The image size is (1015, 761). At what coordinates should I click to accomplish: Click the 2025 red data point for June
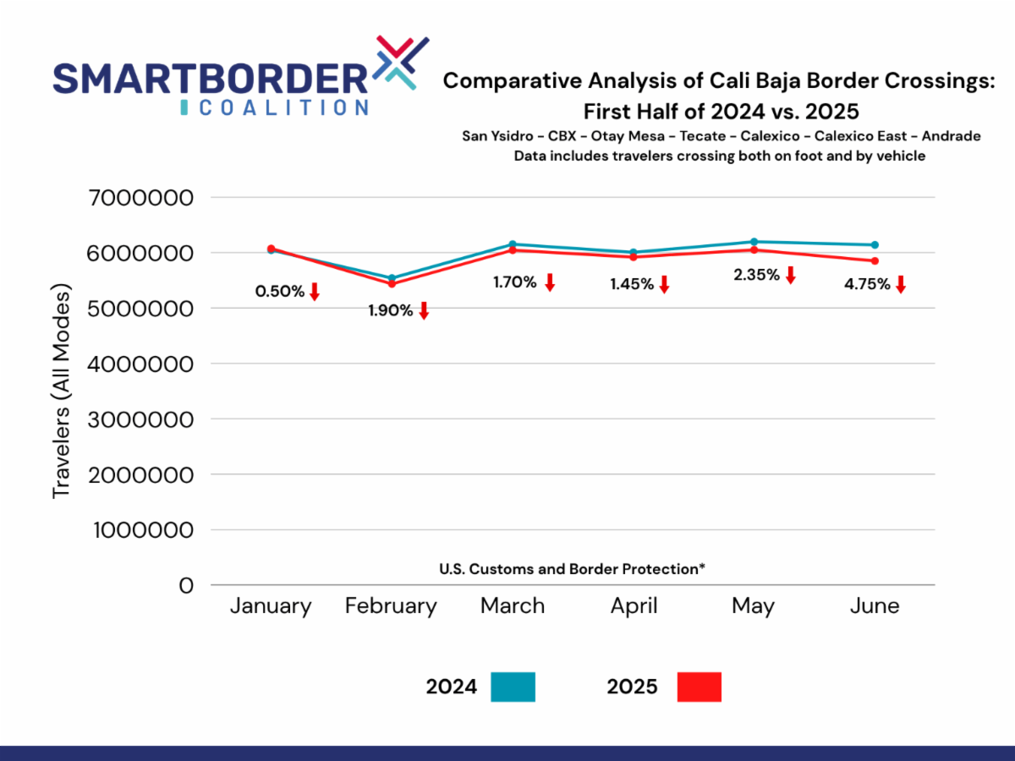pyautogui.click(x=875, y=260)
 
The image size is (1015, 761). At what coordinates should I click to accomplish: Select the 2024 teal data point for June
pyautogui.click(x=875, y=244)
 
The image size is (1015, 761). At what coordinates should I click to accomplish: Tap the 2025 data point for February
pyautogui.click(x=392, y=284)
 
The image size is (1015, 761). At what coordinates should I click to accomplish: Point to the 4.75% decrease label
pyautogui.click(x=867, y=284)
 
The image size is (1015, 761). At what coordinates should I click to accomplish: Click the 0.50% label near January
pyautogui.click(x=279, y=292)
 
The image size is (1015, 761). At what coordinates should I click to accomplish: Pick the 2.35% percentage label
pyautogui.click(x=757, y=275)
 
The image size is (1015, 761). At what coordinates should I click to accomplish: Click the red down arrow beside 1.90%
pyautogui.click(x=424, y=310)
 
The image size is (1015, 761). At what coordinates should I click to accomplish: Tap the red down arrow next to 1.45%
pyautogui.click(x=664, y=285)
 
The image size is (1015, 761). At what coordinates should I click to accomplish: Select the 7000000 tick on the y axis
pyautogui.click(x=141, y=199)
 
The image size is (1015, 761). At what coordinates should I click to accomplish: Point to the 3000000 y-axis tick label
pyautogui.click(x=141, y=420)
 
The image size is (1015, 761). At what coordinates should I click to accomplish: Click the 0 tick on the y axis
pyautogui.click(x=185, y=585)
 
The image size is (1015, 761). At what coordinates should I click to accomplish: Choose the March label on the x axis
pyautogui.click(x=513, y=606)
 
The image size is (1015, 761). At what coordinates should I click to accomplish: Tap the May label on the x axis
pyautogui.click(x=753, y=606)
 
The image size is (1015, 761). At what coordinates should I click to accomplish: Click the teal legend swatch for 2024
pyautogui.click(x=513, y=687)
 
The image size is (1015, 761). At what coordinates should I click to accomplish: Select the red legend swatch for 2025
pyautogui.click(x=700, y=687)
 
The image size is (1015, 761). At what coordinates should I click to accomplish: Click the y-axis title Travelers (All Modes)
pyautogui.click(x=62, y=391)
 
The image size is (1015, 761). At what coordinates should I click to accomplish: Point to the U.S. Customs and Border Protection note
pyautogui.click(x=573, y=569)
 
